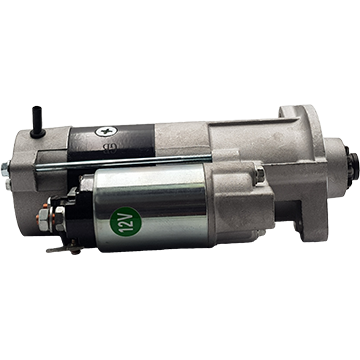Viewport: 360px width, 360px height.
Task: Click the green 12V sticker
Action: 126,222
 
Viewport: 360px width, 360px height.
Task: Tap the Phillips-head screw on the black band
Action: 106,131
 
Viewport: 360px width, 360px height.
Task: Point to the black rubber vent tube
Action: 37,122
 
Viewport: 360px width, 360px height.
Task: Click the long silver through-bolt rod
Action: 123,162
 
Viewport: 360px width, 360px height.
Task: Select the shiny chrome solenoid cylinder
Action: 150,207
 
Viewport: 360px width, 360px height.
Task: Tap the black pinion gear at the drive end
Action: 352,163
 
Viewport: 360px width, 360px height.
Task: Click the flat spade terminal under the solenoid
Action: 64,249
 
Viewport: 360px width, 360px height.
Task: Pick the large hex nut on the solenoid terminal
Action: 58,219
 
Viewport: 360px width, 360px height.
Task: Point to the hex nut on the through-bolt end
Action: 5,169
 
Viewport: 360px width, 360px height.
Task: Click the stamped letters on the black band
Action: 109,147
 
